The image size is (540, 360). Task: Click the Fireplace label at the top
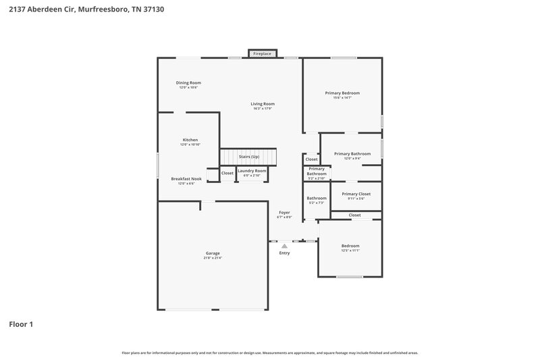point(262,53)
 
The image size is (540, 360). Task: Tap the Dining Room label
point(190,82)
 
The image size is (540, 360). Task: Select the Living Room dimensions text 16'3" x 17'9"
point(263,109)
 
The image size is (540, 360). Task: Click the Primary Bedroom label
point(342,93)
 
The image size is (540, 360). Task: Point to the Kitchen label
point(190,140)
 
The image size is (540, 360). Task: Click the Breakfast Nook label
point(186,178)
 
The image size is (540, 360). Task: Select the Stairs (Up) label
point(249,156)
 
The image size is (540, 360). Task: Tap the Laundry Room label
point(252,171)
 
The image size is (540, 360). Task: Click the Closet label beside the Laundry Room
point(227,173)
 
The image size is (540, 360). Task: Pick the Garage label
point(213,253)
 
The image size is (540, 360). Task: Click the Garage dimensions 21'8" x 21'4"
point(213,258)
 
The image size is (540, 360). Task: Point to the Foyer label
point(284,212)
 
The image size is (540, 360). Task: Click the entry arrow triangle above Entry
point(284,247)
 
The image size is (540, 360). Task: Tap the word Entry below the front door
point(284,253)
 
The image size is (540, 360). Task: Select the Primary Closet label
point(355,194)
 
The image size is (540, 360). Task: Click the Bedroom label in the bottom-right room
point(350,245)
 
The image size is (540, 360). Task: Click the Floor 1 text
point(21,324)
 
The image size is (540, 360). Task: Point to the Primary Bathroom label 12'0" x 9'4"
point(352,153)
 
